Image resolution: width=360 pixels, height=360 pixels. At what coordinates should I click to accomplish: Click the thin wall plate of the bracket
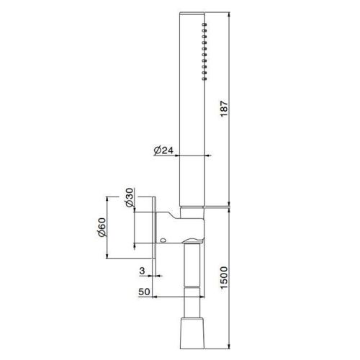point(157,228)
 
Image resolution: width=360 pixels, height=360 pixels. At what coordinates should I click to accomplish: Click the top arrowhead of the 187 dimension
point(230,14)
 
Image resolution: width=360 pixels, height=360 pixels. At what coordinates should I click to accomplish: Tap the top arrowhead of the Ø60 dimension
point(108,197)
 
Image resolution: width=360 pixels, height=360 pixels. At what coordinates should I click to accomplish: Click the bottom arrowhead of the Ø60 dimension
point(108,257)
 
